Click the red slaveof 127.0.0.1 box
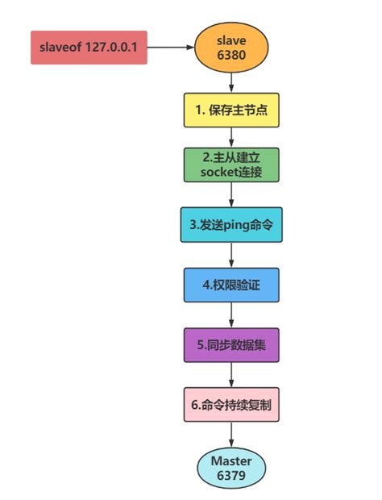coord(89,48)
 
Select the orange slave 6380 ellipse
coord(231,48)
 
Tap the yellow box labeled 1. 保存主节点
coord(231,110)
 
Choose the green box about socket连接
coord(231,165)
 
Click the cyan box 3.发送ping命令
coord(231,225)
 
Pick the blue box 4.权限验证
coord(231,285)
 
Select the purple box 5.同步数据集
coord(231,345)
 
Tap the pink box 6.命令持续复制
coord(231,405)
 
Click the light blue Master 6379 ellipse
coord(231,468)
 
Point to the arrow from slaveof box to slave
coord(171,48)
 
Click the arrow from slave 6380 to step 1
coord(231,82)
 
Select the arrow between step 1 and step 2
coord(231,137)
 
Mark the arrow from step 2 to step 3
coord(231,195)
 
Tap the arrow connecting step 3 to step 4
coord(231,255)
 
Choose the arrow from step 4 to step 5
coord(231,315)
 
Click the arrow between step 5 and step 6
coord(231,375)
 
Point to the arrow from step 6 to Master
coord(231,435)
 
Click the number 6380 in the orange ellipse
coord(231,55)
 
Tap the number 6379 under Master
coord(231,476)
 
